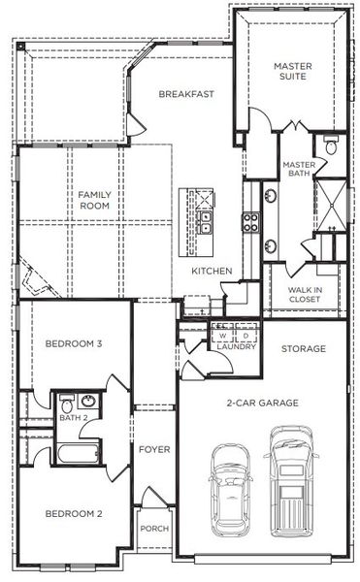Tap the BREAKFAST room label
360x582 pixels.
(x=186, y=94)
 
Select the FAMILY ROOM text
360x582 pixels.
(x=95, y=201)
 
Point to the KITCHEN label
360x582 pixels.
(x=212, y=271)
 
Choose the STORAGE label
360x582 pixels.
(x=303, y=349)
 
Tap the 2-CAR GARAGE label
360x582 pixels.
(x=262, y=403)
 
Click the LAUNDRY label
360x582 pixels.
(x=236, y=346)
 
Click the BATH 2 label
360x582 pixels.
(x=74, y=418)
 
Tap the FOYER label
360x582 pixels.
(x=154, y=449)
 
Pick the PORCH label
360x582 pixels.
(x=154, y=528)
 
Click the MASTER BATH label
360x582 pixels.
(x=298, y=171)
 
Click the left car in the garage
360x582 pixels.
(x=231, y=485)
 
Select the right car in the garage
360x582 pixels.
(x=290, y=479)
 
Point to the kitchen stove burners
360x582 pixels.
(x=250, y=223)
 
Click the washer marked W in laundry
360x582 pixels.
(x=222, y=336)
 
